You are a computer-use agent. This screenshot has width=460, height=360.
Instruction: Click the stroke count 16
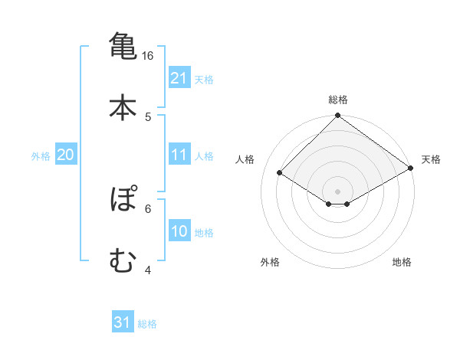click(148, 56)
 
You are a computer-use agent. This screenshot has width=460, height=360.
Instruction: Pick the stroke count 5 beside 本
click(148, 116)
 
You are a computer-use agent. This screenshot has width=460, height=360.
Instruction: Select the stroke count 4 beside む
click(148, 270)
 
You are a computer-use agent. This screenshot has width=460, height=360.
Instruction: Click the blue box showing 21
click(179, 78)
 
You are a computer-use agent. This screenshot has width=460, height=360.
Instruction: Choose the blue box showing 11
click(179, 155)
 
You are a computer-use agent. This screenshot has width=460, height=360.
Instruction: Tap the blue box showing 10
click(179, 231)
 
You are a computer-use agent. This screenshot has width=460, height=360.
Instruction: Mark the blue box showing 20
click(65, 155)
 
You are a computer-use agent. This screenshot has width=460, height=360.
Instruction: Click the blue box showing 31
click(123, 322)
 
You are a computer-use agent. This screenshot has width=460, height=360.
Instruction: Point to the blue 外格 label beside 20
click(41, 156)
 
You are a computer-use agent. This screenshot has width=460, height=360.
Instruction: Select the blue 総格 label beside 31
click(147, 324)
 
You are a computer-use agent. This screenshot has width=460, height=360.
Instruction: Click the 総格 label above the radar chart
click(338, 100)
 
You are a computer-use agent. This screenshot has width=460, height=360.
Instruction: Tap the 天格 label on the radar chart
click(431, 159)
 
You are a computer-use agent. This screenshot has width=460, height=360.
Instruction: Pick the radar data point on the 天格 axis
click(411, 169)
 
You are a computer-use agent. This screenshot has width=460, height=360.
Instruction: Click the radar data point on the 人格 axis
click(281, 173)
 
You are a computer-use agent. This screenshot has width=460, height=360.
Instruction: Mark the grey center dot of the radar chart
click(338, 191)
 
